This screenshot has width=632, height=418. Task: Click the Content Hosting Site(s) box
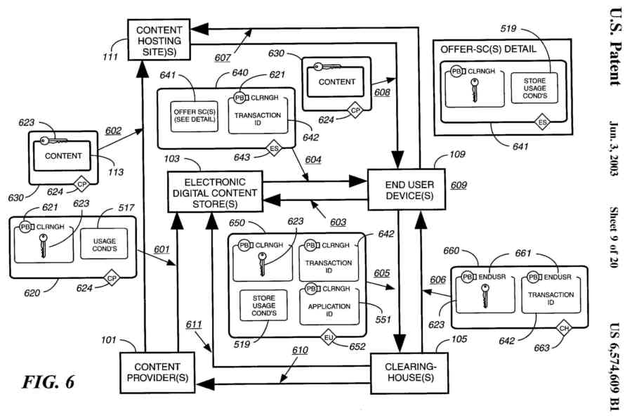(158, 41)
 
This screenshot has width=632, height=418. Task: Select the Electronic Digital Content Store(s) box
(215, 192)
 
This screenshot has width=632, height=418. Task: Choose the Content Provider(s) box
(158, 372)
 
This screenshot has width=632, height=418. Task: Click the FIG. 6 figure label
(48, 382)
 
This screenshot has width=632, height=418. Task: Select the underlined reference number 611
(194, 324)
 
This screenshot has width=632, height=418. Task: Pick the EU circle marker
(327, 339)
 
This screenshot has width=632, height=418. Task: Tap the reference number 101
(108, 341)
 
